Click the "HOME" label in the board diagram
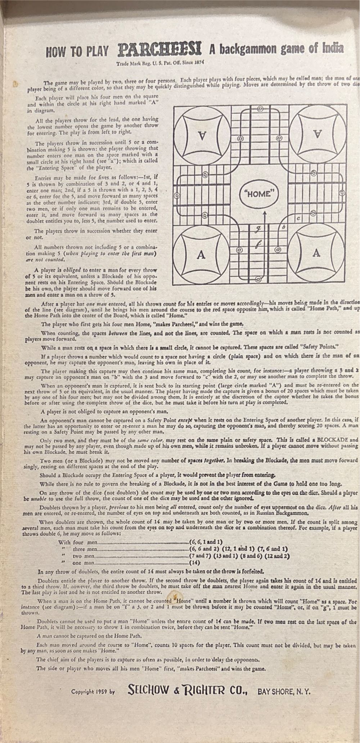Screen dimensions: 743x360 pyautogui.click(x=259, y=194)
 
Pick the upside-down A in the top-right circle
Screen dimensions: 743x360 pyautogui.click(x=316, y=134)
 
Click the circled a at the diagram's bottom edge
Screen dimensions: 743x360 pyautogui.click(x=258, y=279)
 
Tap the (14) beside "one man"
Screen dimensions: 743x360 pyautogui.click(x=194, y=562)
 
